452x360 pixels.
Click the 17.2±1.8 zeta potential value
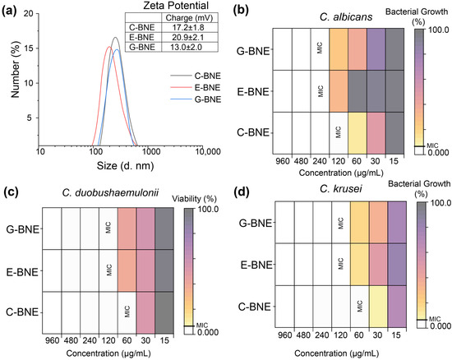(x=188, y=27)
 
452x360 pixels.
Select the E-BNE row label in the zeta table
(x=141, y=37)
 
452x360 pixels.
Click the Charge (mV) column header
(x=189, y=18)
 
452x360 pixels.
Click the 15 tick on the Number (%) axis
(x=28, y=48)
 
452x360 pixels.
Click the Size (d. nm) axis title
(x=125, y=166)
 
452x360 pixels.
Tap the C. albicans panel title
(x=346, y=17)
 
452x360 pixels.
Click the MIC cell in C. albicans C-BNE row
(x=339, y=132)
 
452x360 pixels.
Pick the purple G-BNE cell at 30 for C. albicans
(x=376, y=49)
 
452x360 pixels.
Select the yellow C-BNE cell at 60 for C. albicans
(x=357, y=132)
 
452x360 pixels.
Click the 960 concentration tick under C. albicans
(x=282, y=161)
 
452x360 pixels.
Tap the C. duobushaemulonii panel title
(x=110, y=192)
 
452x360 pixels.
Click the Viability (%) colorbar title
(x=194, y=199)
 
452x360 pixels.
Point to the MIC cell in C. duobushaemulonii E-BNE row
(x=108, y=270)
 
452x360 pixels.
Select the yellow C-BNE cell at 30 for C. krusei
(x=378, y=307)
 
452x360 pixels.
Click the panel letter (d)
(x=241, y=192)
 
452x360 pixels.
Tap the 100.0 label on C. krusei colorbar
(x=440, y=203)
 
